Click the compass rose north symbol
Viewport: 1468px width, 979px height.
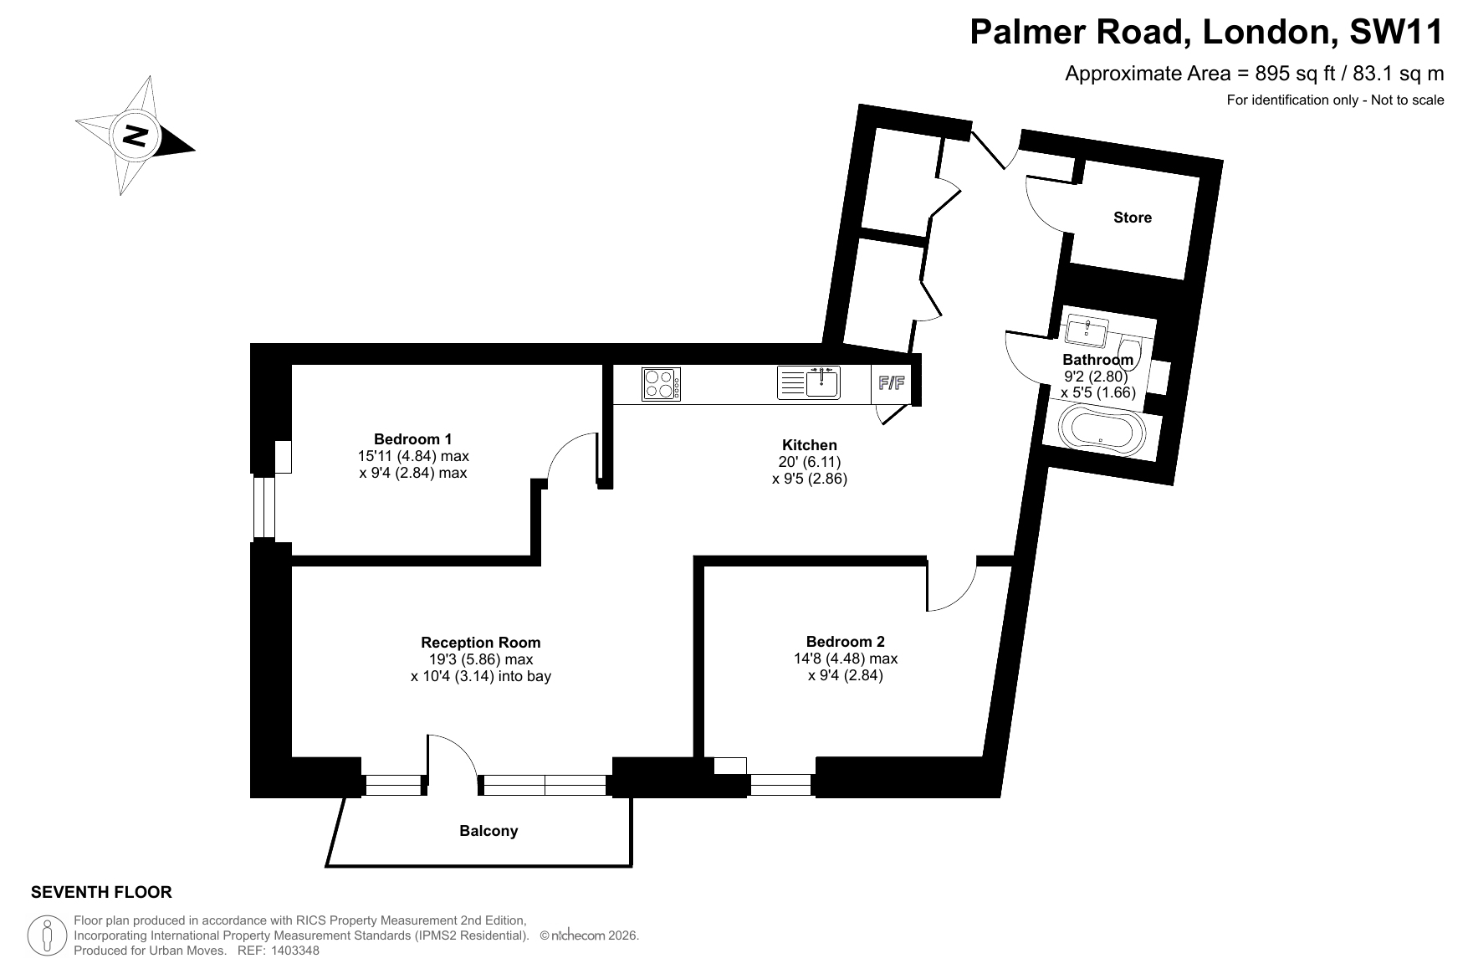(x=135, y=136)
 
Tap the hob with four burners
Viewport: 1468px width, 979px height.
(x=661, y=385)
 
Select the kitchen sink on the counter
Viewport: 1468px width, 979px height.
(x=808, y=383)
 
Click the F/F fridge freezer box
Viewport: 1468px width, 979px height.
(x=891, y=384)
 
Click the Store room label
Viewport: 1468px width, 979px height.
(x=1133, y=218)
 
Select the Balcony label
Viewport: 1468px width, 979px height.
(x=488, y=831)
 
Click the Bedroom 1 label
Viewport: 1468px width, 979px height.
(x=413, y=439)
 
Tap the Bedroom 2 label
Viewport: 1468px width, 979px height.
(x=846, y=642)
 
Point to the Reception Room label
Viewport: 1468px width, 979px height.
(x=481, y=643)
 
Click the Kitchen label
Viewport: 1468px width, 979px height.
(x=810, y=445)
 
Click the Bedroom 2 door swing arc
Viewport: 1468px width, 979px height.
(x=964, y=597)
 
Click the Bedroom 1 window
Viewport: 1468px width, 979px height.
(x=263, y=507)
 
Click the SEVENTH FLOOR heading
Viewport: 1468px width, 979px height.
(x=101, y=893)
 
